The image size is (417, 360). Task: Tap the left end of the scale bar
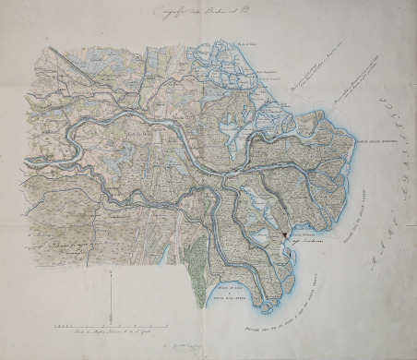click(x=54, y=327)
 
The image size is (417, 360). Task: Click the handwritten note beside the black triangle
click(x=307, y=243)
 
